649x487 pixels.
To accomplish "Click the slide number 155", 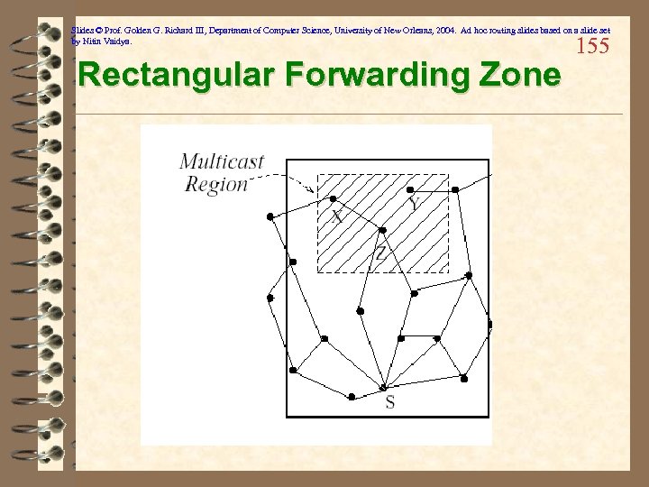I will coord(592,46).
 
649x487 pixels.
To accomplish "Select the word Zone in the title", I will coord(520,76).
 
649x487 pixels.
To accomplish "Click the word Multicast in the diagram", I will coord(222,162).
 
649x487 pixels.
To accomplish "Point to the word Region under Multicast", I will coord(215,183).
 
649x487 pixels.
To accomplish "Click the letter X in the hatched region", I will coord(337,216).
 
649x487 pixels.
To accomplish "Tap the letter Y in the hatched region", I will coord(413,206).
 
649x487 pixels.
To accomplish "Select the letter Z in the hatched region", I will coord(380,253).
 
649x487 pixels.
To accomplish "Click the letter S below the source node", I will coord(389,402).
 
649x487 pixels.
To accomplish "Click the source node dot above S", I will coord(383,388).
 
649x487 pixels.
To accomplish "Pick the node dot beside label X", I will coord(334,199).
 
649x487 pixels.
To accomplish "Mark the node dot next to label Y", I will coord(411,190).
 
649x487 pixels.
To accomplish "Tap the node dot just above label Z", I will coord(382,230).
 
